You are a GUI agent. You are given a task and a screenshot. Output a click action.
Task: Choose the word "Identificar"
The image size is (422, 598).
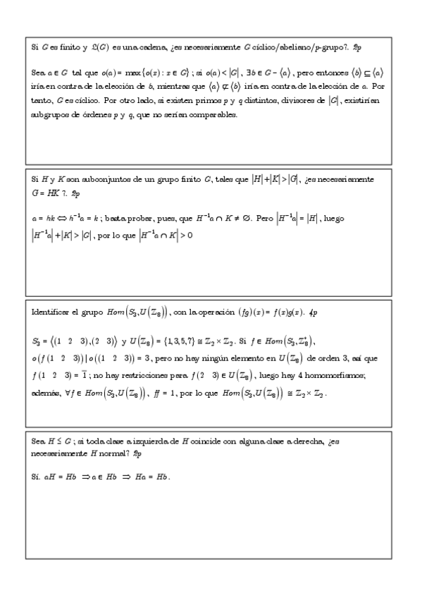pyautogui.click(x=51, y=311)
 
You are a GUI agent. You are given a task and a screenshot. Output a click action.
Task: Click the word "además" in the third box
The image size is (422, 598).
pyautogui.click(x=47, y=392)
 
